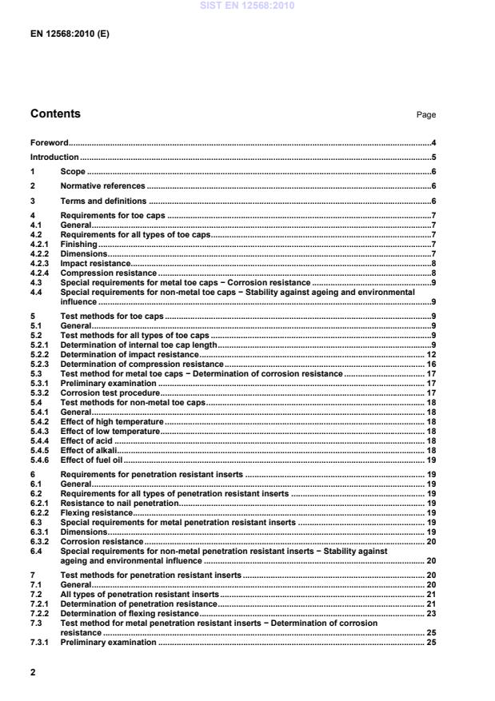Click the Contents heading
click(55, 114)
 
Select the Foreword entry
click(49, 142)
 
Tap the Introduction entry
click(54, 157)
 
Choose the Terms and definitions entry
click(103, 201)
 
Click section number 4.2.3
click(41, 263)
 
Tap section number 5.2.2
click(41, 354)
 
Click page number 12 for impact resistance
click(430, 354)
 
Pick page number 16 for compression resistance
click(430, 364)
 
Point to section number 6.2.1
click(41, 504)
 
